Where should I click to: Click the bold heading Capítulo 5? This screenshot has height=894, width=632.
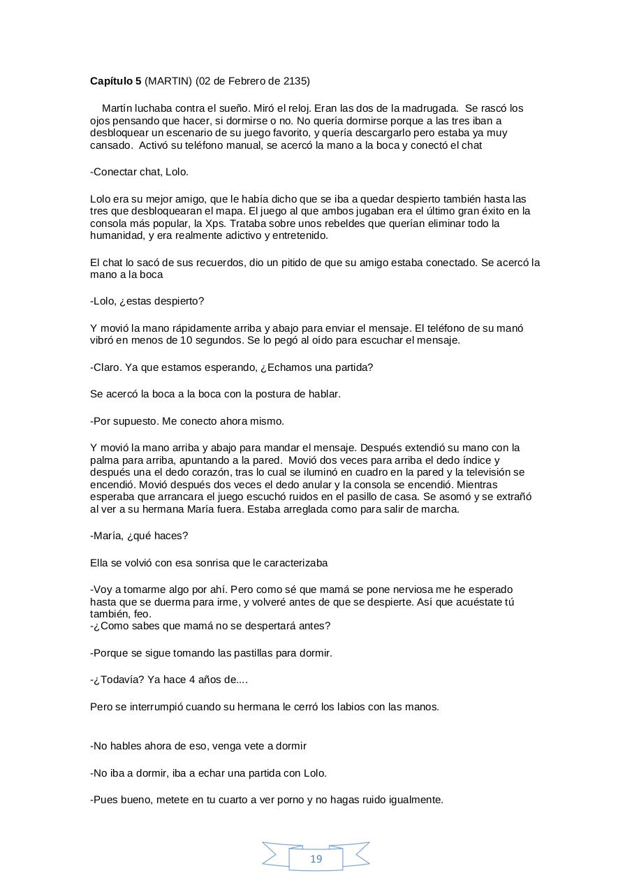(115, 81)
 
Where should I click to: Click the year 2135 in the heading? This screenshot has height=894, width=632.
(295, 81)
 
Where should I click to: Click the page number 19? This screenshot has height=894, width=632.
(316, 859)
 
